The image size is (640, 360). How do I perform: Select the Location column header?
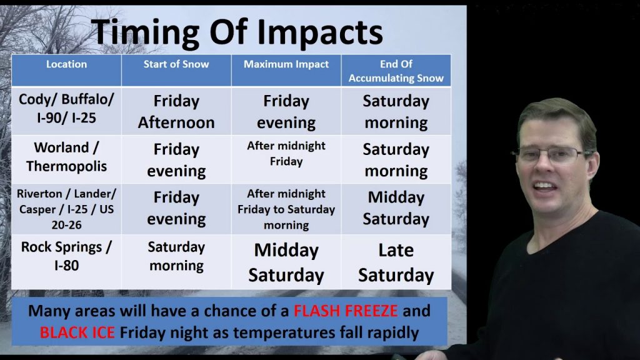pyautogui.click(x=66, y=64)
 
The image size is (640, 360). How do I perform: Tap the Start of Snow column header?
pyautogui.click(x=176, y=64)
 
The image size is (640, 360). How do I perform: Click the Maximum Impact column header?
pyautogui.click(x=286, y=64)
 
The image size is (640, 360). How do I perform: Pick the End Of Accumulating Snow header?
pyautogui.click(x=396, y=71)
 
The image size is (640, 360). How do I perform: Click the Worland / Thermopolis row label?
pyautogui.click(x=66, y=157)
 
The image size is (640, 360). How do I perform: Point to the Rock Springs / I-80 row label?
pyautogui.click(x=66, y=256)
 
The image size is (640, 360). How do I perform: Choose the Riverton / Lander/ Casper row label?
pyautogui.click(x=66, y=209)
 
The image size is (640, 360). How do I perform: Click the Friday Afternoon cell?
pyautogui.click(x=176, y=111)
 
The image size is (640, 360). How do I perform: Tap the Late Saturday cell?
pyautogui.click(x=396, y=262)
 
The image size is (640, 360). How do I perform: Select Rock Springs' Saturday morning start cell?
pyautogui.click(x=176, y=256)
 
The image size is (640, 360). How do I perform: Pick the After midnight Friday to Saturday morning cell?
pyautogui.click(x=286, y=209)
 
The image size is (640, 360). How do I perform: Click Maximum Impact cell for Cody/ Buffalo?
pyautogui.click(x=286, y=111)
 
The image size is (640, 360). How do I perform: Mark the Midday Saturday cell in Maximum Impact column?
pyautogui.click(x=286, y=262)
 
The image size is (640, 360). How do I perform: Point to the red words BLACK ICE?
pyautogui.click(x=77, y=332)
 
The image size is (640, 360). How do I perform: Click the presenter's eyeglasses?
pyautogui.click(x=550, y=154)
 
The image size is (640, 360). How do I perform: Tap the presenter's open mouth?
pyautogui.click(x=545, y=186)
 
